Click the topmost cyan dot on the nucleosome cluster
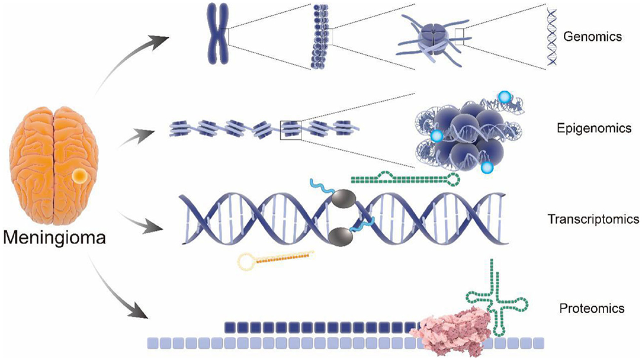(503, 97)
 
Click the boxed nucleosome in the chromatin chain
(290, 129)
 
